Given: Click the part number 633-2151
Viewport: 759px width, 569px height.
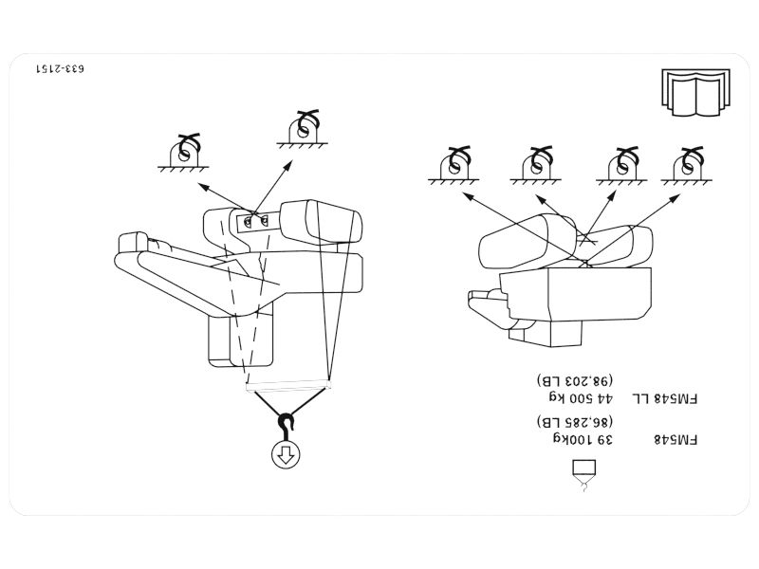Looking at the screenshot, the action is tap(60, 68).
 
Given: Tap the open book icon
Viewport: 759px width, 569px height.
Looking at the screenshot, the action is tap(695, 92).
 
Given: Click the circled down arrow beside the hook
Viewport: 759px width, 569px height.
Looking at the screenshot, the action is tap(286, 455).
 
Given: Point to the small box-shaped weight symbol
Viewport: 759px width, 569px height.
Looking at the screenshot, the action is tap(584, 475).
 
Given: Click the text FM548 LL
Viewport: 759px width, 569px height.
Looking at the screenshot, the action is tap(665, 398).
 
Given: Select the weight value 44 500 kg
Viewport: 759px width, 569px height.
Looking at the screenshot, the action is tap(581, 398).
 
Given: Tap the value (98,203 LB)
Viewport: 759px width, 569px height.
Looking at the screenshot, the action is tap(575, 381).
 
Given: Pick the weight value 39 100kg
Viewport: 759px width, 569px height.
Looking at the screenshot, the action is tap(583, 439).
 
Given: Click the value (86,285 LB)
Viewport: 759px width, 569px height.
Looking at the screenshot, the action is tap(575, 421).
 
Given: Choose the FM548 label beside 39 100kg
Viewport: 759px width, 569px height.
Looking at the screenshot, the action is tap(676, 439).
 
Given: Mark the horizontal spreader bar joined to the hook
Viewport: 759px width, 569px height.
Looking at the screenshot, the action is tap(288, 386).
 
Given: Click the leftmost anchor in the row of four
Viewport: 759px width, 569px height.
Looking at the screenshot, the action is tap(454, 165).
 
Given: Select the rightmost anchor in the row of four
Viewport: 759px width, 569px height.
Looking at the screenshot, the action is tap(686, 165).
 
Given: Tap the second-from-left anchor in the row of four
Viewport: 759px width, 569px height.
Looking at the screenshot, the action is tap(536, 165).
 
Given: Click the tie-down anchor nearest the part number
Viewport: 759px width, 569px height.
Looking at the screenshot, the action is tap(183, 153).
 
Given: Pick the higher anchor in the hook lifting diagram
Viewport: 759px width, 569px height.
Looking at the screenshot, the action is tap(303, 129).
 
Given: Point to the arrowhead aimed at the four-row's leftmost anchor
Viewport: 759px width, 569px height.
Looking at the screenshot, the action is tap(469, 196).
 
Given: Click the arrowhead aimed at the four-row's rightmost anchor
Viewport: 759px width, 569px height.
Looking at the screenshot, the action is tap(675, 198).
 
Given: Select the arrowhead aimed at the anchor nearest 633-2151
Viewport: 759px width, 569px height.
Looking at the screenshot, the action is tap(204, 187).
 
